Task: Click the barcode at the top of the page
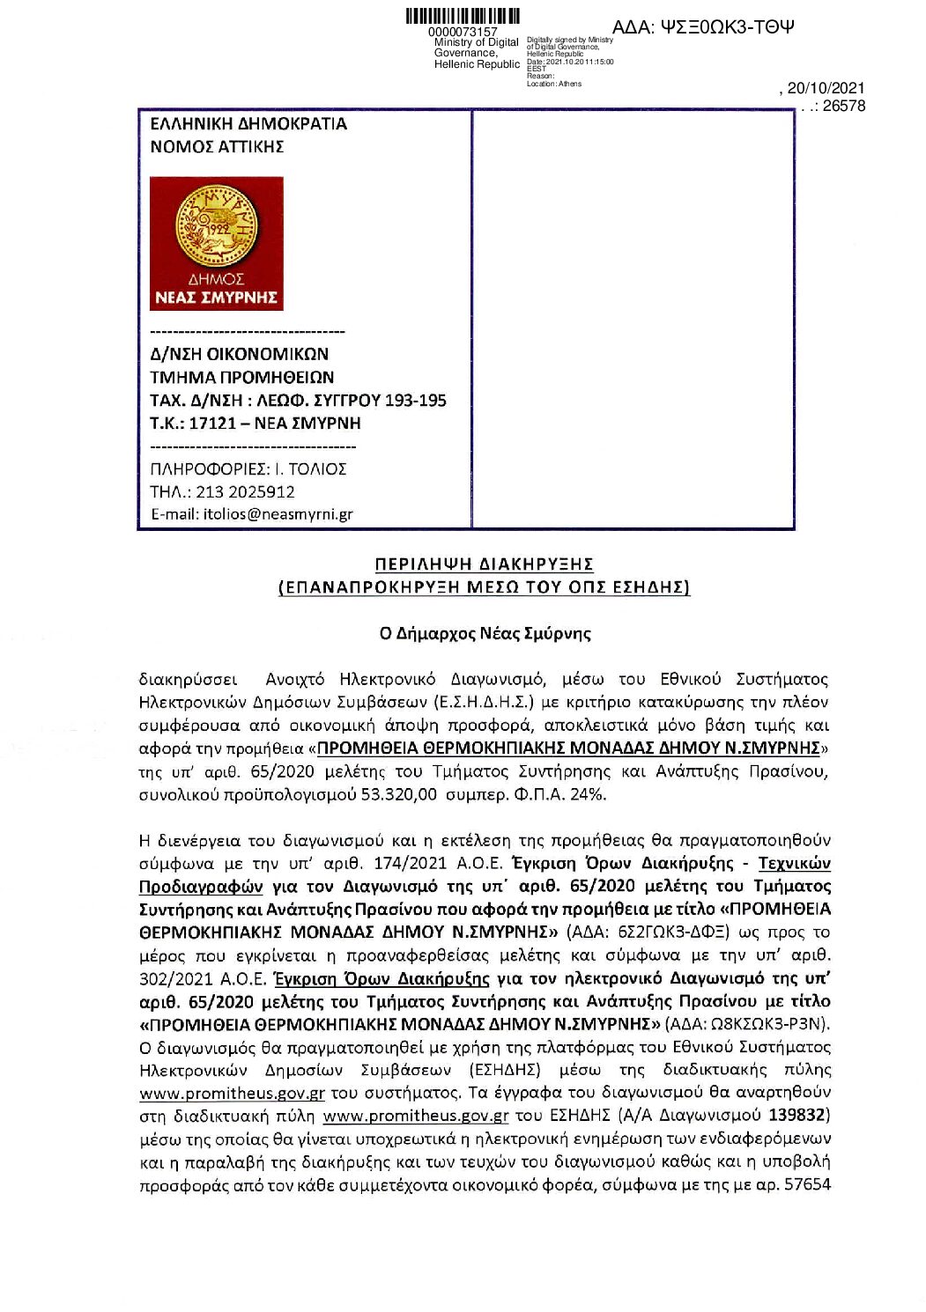(x=463, y=17)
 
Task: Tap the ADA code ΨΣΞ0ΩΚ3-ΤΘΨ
(x=702, y=27)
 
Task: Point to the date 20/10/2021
(x=826, y=88)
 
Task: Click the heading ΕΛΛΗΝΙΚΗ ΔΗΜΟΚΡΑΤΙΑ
(x=248, y=124)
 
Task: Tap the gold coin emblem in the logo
(x=216, y=225)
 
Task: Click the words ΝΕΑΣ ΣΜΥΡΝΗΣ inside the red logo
(x=216, y=298)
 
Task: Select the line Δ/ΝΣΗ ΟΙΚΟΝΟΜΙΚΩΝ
(x=239, y=354)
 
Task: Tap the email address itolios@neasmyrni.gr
(x=278, y=514)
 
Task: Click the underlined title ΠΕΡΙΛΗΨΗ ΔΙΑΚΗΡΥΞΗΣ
(x=484, y=564)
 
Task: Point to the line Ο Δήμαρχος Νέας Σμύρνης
(x=485, y=633)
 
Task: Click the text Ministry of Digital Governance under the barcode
(x=476, y=48)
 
